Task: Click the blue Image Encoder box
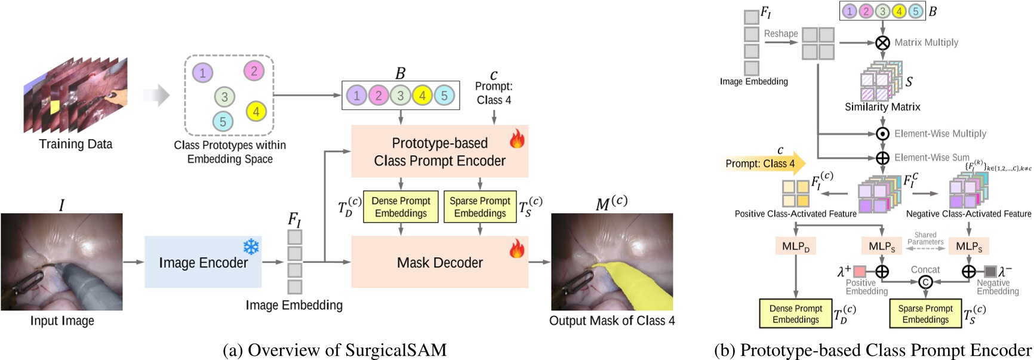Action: pyautogui.click(x=203, y=262)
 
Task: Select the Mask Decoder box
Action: pyautogui.click(x=439, y=262)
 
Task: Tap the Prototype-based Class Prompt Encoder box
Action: pyautogui.click(x=439, y=152)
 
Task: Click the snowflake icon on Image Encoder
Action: pyautogui.click(x=251, y=247)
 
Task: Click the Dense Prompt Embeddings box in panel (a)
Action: pyautogui.click(x=401, y=207)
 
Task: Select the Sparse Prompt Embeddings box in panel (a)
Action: pyautogui.click(x=480, y=207)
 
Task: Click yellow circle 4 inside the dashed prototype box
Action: pyautogui.click(x=256, y=111)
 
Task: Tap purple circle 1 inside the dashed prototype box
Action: pyautogui.click(x=202, y=73)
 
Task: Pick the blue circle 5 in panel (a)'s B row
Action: pyautogui.click(x=444, y=96)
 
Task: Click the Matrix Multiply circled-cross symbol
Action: pyautogui.click(x=882, y=42)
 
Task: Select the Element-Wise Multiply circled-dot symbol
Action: pyautogui.click(x=882, y=134)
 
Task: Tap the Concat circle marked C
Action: pyautogui.click(x=925, y=282)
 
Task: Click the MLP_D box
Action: pyautogui.click(x=796, y=246)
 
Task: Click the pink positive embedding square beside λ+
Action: pyautogui.click(x=860, y=272)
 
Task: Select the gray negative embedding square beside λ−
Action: pyautogui.click(x=990, y=272)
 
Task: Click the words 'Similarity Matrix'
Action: pyautogui.click(x=882, y=107)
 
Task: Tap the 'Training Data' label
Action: pyautogui.click(x=76, y=144)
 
